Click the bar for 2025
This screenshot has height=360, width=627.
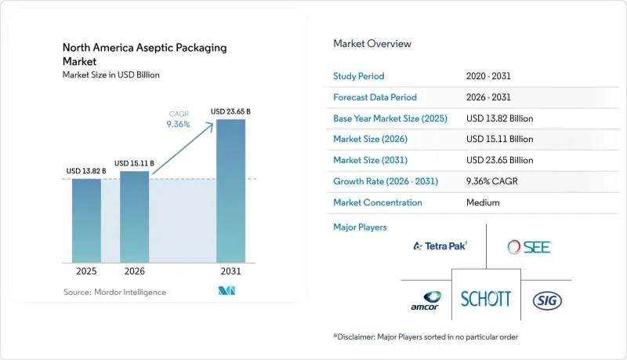pos(86,221)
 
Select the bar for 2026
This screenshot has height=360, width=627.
pos(134,216)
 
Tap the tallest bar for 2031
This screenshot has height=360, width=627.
pos(230,191)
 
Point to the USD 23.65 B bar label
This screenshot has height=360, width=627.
pos(230,111)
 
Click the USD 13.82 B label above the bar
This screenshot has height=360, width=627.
pos(86,171)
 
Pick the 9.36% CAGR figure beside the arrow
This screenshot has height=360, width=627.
pos(179,125)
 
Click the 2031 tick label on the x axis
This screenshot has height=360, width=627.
pos(230,271)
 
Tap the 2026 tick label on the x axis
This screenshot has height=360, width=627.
pos(134,271)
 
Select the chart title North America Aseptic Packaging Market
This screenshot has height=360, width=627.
pos(144,54)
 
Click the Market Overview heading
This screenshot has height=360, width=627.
pos(372,44)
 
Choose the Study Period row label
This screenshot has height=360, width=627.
pos(359,76)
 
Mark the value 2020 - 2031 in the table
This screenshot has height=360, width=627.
pos(488,76)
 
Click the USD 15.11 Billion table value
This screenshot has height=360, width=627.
pos(500,139)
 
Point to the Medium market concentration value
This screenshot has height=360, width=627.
pos(483,202)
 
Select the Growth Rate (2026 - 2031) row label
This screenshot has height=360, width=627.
pos(386,181)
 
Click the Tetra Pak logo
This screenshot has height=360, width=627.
pos(440,245)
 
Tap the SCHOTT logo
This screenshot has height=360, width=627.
pos(486,299)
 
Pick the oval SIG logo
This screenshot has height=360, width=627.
pos(547,301)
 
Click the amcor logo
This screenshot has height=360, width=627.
pos(426,301)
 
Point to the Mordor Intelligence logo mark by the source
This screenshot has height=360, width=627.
pos(227,291)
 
